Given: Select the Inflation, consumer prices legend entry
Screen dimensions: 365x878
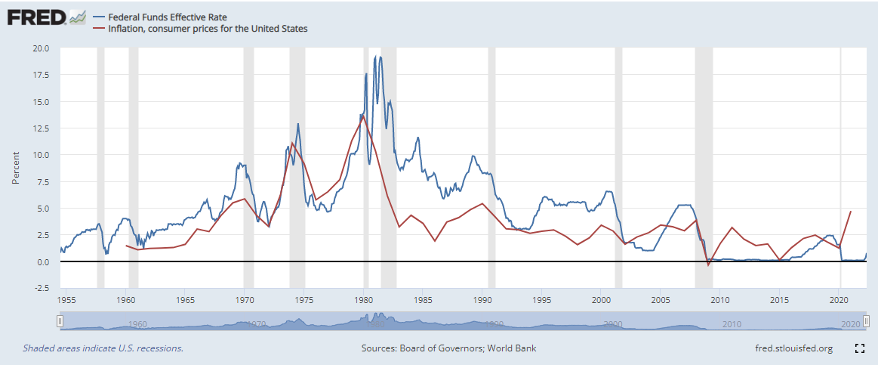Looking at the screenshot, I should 200,29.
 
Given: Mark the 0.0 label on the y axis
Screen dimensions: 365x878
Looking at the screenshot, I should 42,262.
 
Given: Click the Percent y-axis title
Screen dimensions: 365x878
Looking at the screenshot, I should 16,168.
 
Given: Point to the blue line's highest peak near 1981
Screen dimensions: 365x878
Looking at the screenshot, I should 380,57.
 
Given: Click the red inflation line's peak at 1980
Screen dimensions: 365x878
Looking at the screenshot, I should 363,116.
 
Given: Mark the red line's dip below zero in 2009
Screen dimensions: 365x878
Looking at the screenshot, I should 708,264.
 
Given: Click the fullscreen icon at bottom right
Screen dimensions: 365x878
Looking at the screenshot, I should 858,348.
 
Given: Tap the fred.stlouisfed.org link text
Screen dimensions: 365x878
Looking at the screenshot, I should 793,348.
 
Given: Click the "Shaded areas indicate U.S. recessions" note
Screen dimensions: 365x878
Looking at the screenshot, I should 103,348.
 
